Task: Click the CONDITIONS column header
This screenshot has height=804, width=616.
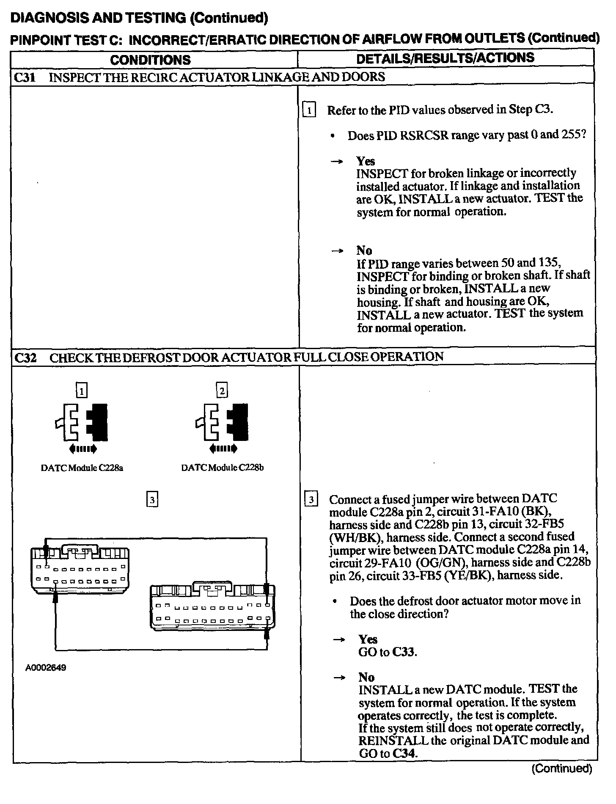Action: pos(151,60)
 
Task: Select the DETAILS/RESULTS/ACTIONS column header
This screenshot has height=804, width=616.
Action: pos(445,58)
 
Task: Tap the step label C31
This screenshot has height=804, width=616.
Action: pos(25,77)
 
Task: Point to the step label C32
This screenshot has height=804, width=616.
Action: pos(25,358)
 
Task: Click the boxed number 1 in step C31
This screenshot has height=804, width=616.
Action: pos(310,111)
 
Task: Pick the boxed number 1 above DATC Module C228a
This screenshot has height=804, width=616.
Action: pos(82,390)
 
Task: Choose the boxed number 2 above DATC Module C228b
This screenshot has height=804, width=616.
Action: pos(222,390)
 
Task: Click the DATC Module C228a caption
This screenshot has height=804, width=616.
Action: pos(82,468)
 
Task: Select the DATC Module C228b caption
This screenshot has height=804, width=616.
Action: pos(223,468)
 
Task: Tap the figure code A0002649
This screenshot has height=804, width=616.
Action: pos(46,668)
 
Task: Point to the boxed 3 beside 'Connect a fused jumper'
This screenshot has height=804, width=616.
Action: pos(311,500)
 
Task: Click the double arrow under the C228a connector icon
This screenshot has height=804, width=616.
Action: pos(82,449)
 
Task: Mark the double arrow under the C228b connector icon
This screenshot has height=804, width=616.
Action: pos(223,449)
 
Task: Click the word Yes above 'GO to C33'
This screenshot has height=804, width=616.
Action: pos(368,639)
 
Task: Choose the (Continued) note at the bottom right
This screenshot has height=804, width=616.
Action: pos(561,768)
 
